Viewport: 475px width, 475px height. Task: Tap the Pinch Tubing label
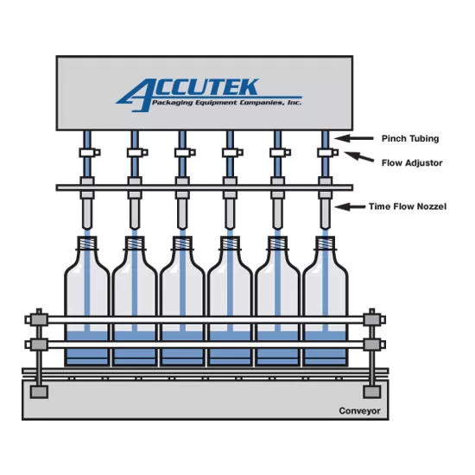pyautogui.click(x=410, y=139)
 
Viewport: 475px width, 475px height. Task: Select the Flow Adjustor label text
pyautogui.click(x=412, y=163)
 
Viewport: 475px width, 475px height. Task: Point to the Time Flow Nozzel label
pyautogui.click(x=408, y=206)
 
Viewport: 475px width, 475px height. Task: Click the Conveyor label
pyautogui.click(x=359, y=411)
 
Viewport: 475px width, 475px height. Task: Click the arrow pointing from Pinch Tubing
pyautogui.click(x=354, y=138)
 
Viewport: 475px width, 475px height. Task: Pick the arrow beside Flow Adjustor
pyautogui.click(x=359, y=156)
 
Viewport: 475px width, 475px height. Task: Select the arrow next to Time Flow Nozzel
pyautogui.click(x=350, y=207)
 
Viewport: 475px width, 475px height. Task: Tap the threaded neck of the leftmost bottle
pyautogui.click(x=87, y=243)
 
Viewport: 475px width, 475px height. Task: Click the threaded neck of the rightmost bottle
pyautogui.click(x=326, y=243)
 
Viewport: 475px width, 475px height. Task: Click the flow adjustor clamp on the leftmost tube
pyautogui.click(x=90, y=152)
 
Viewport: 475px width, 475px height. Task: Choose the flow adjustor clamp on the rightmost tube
pyautogui.click(x=328, y=152)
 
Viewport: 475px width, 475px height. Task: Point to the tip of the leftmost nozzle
pyautogui.click(x=87, y=228)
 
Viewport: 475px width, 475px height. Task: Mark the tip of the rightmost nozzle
pyautogui.click(x=326, y=228)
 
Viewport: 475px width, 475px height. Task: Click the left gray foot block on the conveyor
pyautogui.click(x=39, y=392)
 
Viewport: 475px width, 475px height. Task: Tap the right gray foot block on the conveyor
pyautogui.click(x=372, y=392)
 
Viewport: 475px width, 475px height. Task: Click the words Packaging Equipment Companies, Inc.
pyautogui.click(x=226, y=103)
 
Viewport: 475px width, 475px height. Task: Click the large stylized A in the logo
pyautogui.click(x=133, y=95)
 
